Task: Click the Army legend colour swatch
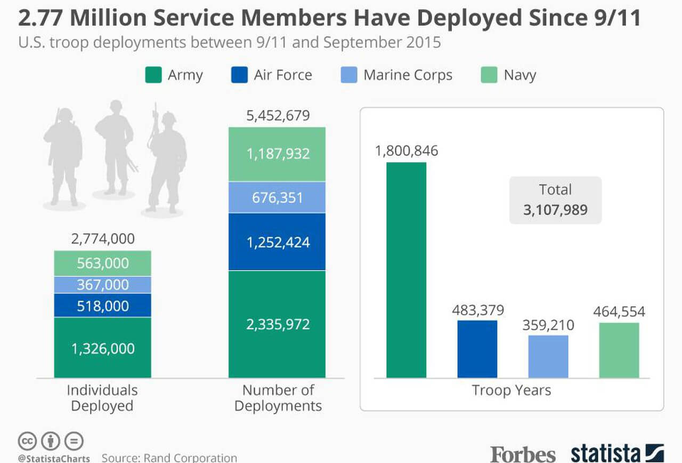tap(153, 75)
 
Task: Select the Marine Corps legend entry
tap(396, 75)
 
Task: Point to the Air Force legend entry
tap(272, 75)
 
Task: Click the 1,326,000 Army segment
tap(103, 348)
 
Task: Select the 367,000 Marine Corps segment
tap(103, 285)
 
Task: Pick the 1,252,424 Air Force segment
tap(277, 242)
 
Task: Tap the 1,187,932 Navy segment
tap(277, 154)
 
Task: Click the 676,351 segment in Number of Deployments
tap(277, 197)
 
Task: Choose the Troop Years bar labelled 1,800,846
tap(407, 270)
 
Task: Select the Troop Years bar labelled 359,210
tap(548, 356)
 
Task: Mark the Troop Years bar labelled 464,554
tap(619, 350)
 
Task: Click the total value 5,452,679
tap(278, 116)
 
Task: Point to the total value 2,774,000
tap(103, 239)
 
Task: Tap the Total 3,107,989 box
tap(555, 200)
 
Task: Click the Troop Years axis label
tap(511, 390)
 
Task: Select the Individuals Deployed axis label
tap(102, 398)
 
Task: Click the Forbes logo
tap(523, 454)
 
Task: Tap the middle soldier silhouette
tap(113, 147)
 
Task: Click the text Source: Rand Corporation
tap(169, 458)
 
